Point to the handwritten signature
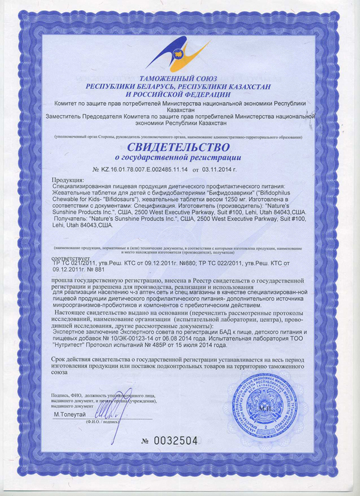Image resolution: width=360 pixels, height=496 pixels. (x=111, y=409)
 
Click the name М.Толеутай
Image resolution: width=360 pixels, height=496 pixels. (x=71, y=414)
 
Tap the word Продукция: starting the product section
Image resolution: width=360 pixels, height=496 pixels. (x=69, y=180)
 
